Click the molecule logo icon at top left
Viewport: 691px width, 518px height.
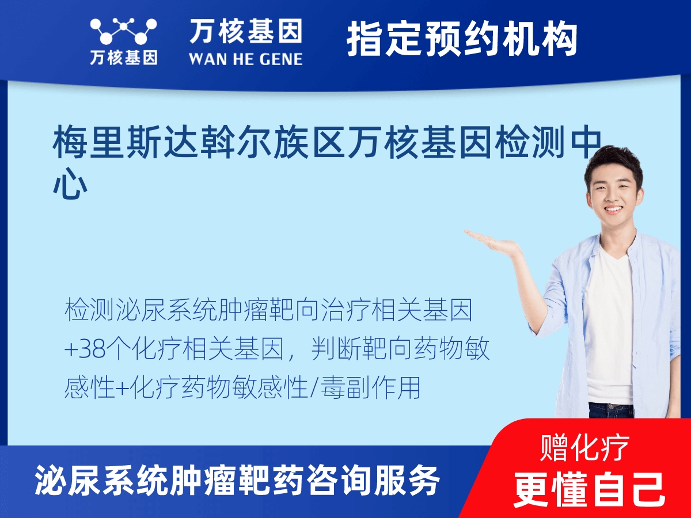click(123, 31)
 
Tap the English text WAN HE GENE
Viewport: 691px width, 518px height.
click(245, 59)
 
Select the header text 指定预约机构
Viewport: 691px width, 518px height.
click(462, 39)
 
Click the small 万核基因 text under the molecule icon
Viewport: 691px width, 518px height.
click(124, 58)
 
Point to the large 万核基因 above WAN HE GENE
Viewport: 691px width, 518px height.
click(246, 31)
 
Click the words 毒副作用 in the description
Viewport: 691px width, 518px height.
click(370, 388)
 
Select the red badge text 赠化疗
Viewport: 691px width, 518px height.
click(585, 448)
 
